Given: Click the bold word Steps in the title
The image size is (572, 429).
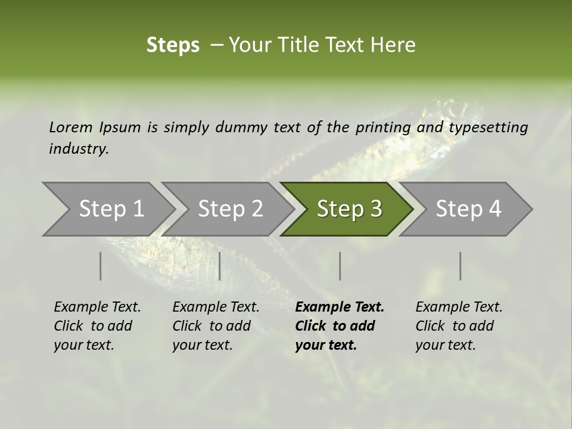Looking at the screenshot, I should [173, 45].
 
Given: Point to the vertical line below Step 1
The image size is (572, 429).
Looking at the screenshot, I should [101, 266].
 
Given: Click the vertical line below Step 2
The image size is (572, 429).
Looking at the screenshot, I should [220, 266].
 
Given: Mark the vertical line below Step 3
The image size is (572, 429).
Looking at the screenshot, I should [340, 266].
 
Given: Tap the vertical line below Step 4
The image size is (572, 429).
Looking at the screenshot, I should [460, 266].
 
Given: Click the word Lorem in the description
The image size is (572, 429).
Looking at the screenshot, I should [71, 127].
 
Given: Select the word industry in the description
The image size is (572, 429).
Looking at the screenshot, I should [79, 149].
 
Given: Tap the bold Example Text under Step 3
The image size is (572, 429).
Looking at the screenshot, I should [340, 307].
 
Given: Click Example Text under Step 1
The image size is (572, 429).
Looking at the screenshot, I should [97, 307].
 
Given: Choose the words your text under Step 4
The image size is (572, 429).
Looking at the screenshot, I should [445, 345].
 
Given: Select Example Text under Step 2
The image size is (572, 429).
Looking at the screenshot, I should [216, 307].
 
